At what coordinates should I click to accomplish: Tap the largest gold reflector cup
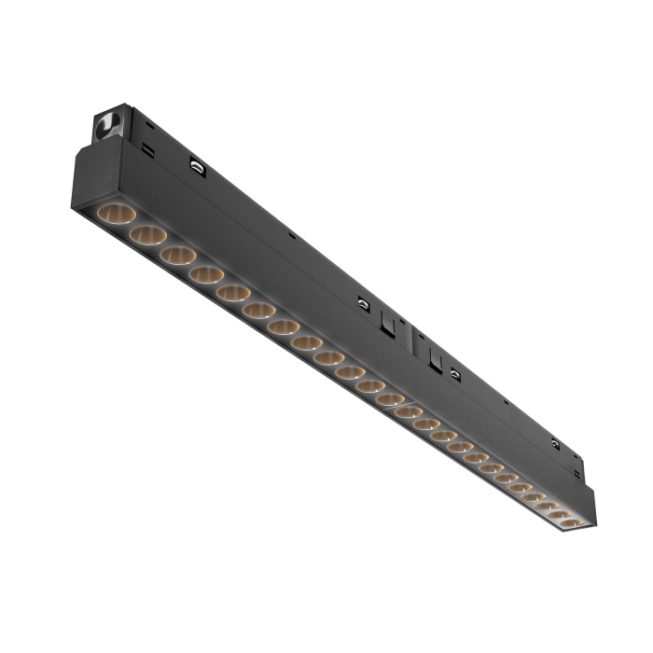coord(116,213)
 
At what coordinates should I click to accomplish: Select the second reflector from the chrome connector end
coord(147,234)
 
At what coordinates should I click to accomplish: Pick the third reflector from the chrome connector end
coord(177,255)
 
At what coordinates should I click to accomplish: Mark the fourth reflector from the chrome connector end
coord(205,274)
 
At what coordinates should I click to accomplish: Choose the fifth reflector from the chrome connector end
coord(232,293)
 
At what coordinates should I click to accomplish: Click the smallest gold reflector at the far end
coord(570,523)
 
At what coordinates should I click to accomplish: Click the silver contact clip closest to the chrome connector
coord(197,166)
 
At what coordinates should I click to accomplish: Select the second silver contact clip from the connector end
coord(362,303)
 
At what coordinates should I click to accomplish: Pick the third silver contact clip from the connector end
coord(454,373)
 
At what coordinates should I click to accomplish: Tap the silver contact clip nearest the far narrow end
coord(556,442)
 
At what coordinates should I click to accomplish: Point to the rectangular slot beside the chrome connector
coord(147,147)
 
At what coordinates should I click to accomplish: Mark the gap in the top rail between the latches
coord(410,335)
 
